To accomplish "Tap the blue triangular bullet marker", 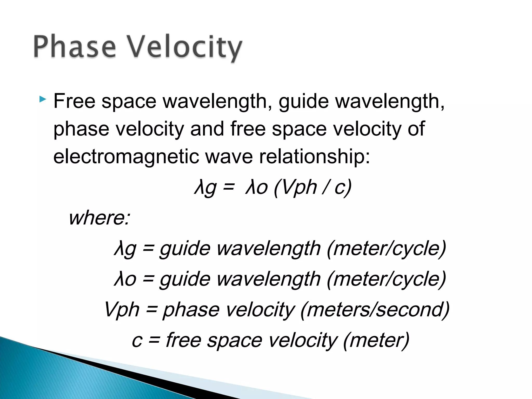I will tap(43, 99).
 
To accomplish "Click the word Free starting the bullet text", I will tap(74, 101).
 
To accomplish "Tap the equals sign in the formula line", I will tap(229, 187).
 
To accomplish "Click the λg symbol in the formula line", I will tap(205, 188).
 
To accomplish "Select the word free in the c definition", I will tap(183, 340).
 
